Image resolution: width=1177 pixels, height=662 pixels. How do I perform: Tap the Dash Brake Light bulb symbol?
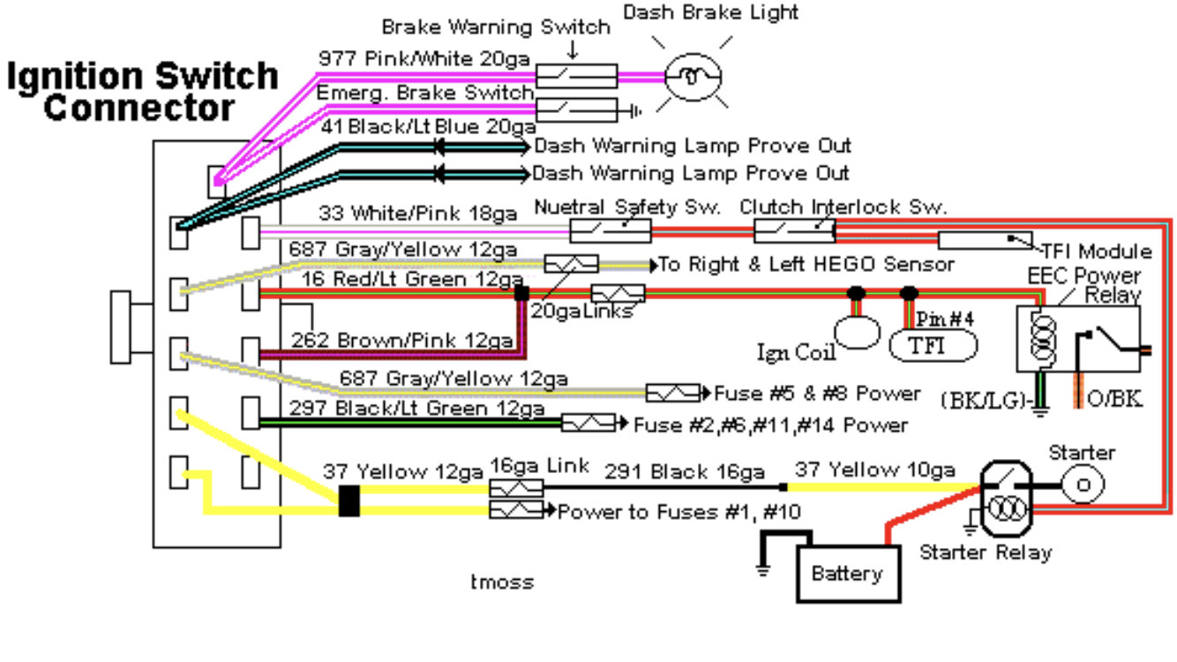click(693, 77)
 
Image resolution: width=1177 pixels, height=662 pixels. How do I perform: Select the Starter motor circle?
click(1082, 485)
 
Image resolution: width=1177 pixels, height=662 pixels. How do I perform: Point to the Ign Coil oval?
click(858, 331)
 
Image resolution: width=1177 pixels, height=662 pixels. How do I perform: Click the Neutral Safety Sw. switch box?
click(611, 231)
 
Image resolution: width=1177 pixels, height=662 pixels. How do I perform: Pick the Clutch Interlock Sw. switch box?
click(794, 231)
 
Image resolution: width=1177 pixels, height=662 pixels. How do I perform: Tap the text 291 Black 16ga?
click(684, 472)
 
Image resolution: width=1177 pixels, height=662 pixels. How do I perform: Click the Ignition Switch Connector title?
click(141, 92)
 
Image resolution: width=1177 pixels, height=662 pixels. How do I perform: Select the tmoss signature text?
click(502, 582)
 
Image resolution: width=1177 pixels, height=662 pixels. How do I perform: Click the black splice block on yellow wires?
click(349, 500)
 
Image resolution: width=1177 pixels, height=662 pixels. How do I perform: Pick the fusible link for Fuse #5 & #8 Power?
click(673, 393)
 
